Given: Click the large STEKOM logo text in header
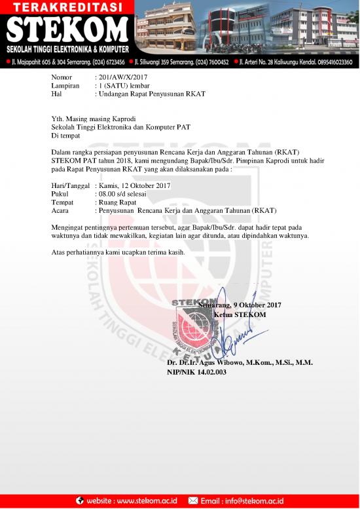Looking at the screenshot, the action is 69,31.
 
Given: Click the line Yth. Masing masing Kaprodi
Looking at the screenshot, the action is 92,119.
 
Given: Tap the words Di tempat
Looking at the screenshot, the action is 65,136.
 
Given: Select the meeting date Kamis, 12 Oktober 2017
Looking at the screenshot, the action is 134,185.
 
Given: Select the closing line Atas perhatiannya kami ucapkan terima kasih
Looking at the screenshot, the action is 118,252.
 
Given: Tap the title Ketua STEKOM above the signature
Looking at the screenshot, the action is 240,314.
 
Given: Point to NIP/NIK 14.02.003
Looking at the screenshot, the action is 197,372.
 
